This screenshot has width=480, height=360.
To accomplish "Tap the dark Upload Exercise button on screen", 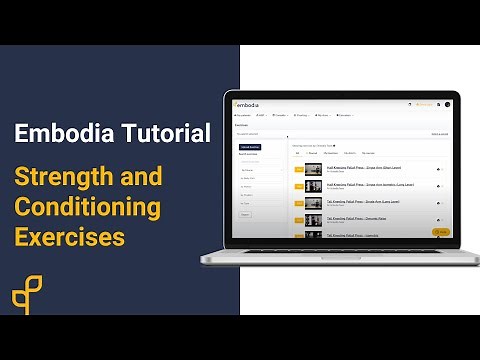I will click(x=249, y=147).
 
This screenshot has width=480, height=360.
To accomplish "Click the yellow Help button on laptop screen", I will click(x=441, y=231).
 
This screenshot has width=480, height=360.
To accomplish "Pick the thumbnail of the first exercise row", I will click(x=313, y=170).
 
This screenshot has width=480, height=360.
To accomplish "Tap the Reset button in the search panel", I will click(x=245, y=213).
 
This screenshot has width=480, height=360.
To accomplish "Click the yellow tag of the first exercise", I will click(x=298, y=170).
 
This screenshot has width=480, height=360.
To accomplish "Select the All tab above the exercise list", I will click(x=297, y=153).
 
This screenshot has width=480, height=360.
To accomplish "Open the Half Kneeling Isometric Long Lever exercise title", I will click(x=370, y=183).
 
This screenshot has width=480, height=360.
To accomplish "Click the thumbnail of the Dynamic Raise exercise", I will click(x=313, y=220).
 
